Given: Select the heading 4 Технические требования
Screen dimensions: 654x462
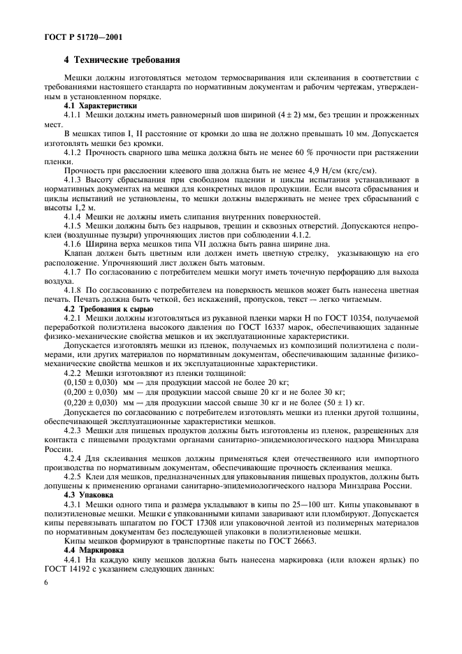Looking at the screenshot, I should [x=122, y=60].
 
